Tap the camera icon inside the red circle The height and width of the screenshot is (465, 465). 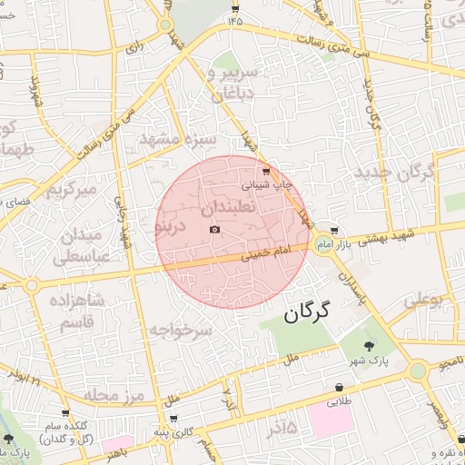click(214, 229)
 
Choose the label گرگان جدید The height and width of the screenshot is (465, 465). click(396, 172)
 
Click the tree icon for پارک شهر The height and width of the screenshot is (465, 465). click(368, 345)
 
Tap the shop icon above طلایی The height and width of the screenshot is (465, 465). click(340, 386)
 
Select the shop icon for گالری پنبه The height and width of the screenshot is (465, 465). click(173, 419)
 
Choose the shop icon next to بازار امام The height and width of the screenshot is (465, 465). click(334, 231)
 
